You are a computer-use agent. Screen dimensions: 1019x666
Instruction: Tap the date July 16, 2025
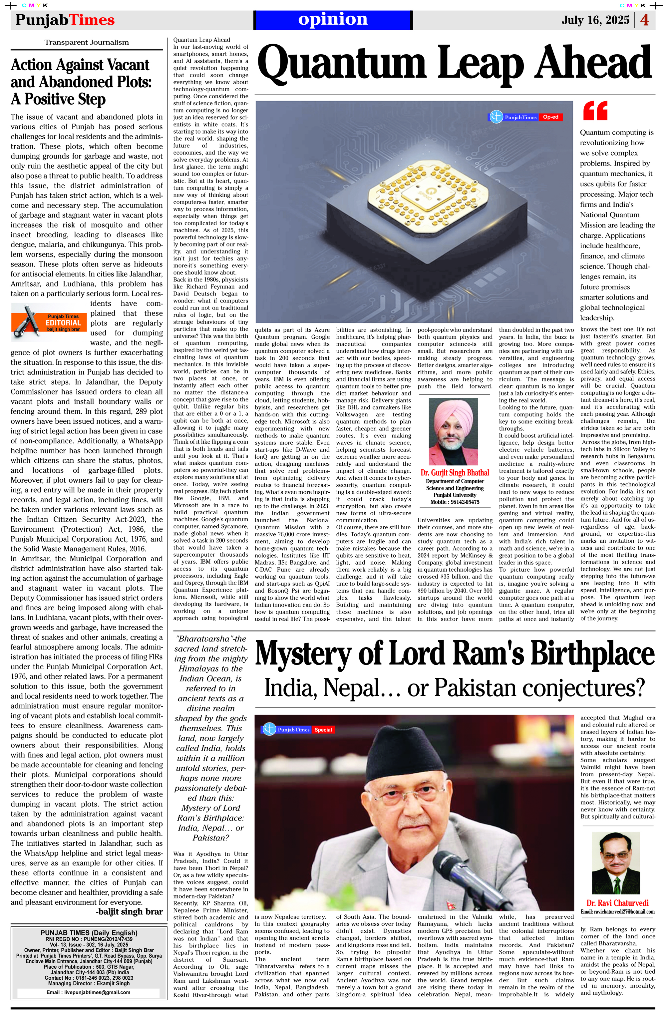(x=595, y=20)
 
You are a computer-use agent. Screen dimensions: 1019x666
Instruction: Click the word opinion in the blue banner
(x=333, y=19)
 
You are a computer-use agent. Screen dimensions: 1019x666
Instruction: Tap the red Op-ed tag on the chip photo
(x=550, y=117)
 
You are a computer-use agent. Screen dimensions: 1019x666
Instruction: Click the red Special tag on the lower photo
(x=323, y=730)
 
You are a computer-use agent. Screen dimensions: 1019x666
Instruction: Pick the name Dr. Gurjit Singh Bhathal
(x=455, y=473)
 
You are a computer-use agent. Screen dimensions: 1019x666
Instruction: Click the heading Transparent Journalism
(x=87, y=42)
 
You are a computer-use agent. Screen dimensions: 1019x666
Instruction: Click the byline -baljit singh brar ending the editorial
(x=129, y=911)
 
